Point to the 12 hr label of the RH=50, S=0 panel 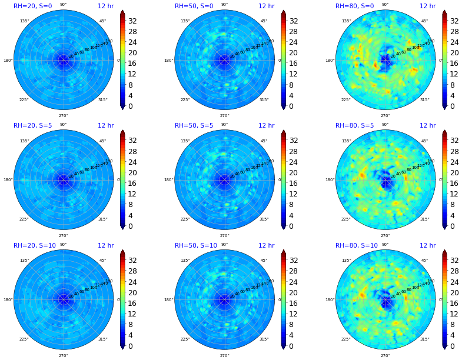coord(266,6)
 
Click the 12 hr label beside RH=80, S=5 coord(427,126)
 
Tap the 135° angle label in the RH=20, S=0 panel coord(25,21)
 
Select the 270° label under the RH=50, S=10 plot coord(224,355)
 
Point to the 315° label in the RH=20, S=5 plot coord(103,219)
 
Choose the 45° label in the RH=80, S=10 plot coord(424,261)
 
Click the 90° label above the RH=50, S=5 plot coord(224,125)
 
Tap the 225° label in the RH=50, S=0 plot coord(185,99)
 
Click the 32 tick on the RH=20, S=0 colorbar coord(133,21)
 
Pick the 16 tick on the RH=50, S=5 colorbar coord(294,183)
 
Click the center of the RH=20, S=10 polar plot coord(64,299)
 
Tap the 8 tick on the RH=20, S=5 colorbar coord(131,205)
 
